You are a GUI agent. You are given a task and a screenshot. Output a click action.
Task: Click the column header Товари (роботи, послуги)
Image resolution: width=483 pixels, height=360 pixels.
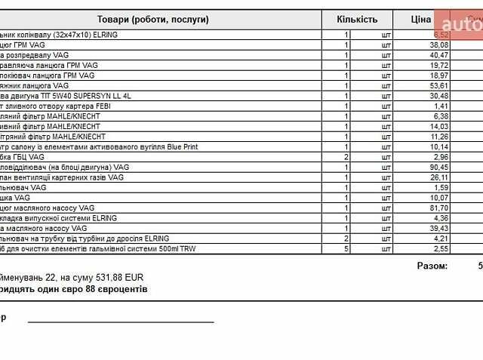(153, 19)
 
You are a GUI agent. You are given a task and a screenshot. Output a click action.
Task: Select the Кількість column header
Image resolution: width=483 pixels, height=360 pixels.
(357, 19)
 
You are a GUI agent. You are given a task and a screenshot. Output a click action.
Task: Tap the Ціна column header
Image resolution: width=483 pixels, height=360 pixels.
(421, 19)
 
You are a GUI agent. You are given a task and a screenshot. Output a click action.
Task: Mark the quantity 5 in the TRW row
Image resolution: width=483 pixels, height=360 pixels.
(346, 248)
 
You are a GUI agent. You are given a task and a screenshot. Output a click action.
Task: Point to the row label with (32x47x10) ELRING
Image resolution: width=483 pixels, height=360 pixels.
(58, 35)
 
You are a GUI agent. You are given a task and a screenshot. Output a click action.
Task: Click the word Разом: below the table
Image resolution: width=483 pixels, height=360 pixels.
(432, 266)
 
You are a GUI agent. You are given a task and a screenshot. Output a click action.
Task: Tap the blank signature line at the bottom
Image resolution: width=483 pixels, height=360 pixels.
(121, 322)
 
